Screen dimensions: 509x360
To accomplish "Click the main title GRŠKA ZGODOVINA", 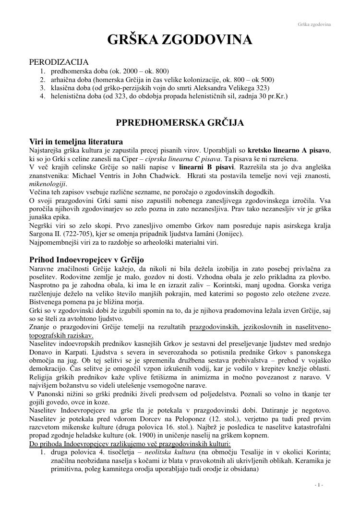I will pos(180,40).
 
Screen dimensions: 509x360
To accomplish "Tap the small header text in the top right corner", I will pos(314,24).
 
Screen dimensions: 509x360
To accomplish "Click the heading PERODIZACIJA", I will pos(59,62).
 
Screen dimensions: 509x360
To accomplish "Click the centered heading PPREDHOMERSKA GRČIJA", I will pos(180,123).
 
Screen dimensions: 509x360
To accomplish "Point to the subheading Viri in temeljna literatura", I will pos(76,142).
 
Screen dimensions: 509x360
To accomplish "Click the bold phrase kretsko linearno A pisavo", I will pos(288,151).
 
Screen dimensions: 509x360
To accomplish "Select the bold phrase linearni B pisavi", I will pos(207,167).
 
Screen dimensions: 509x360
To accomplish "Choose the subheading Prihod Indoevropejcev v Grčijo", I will pos(86,260).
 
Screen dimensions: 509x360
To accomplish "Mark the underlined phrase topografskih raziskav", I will pos(61,335).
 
